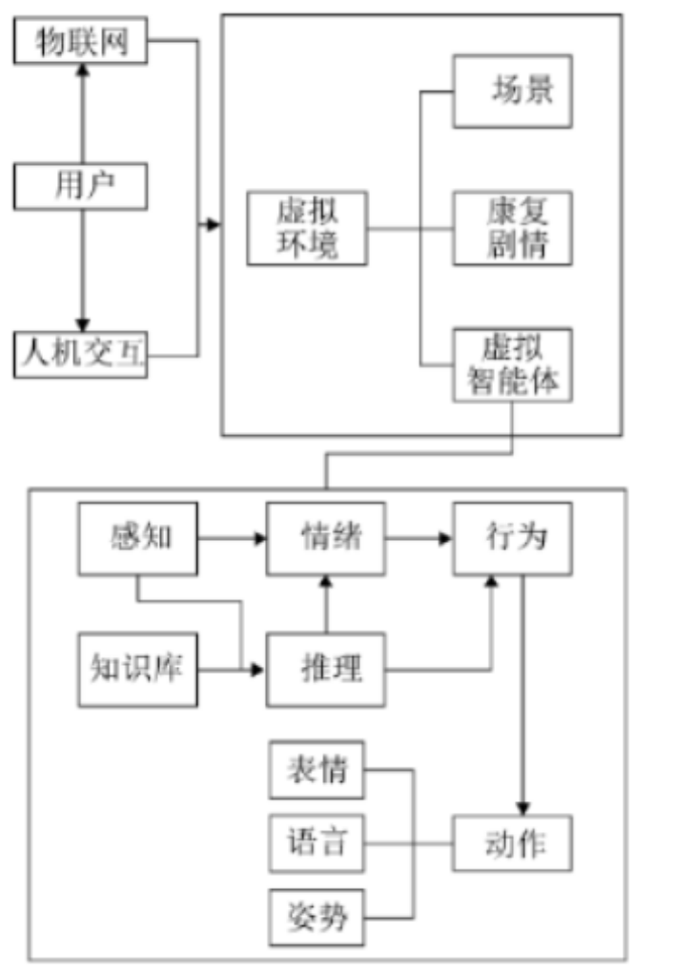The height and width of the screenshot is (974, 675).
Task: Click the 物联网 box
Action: point(81,43)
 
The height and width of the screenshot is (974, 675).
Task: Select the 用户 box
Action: point(81,186)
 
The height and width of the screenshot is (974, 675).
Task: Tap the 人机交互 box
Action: point(81,355)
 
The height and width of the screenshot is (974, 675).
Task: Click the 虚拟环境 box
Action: point(306,229)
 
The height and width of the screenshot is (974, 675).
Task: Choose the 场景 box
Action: point(513,92)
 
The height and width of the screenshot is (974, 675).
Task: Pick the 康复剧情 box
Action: point(513,229)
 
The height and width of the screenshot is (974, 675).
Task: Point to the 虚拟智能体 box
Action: point(513,365)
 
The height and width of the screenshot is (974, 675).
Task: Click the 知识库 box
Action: point(138,670)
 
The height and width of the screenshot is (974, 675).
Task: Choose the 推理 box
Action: point(326,670)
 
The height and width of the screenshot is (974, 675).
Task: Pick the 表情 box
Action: point(316,769)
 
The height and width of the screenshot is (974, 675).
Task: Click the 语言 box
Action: point(316,843)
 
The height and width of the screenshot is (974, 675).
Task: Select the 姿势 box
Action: point(316,918)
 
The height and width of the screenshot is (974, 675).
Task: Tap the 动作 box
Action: point(513,843)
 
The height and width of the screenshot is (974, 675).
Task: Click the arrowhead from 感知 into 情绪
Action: point(259,539)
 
